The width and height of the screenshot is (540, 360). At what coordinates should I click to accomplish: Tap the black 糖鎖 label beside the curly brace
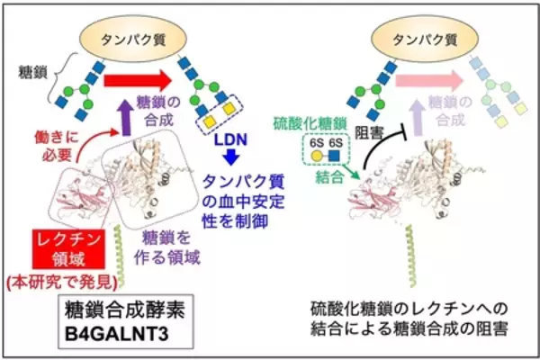31,68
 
